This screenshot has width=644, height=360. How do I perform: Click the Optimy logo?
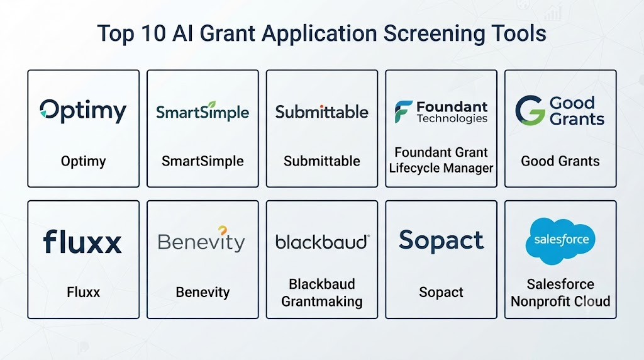83,111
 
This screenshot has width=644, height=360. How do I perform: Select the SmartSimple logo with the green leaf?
203,111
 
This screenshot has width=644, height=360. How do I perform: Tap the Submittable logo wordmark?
321,112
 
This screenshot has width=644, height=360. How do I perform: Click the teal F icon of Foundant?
403,111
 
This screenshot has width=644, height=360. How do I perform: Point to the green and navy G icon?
530,110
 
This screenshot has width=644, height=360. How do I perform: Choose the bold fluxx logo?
82,241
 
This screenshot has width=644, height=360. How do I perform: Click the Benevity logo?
201,240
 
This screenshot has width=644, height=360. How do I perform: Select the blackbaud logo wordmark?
323,242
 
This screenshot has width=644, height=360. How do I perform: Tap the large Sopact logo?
441,240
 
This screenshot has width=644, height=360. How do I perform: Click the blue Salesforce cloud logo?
560,241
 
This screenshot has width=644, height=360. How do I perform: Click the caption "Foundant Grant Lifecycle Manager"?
441,160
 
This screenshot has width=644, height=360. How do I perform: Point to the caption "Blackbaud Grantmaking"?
321,293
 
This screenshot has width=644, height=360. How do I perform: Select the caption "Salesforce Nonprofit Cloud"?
560,293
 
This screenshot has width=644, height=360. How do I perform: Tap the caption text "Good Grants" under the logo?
560,161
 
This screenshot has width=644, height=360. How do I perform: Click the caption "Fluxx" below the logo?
84,292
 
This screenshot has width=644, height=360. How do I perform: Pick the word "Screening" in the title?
433,34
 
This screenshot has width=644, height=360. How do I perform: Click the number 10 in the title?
153,33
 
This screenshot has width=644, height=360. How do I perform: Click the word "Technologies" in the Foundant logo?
452,118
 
